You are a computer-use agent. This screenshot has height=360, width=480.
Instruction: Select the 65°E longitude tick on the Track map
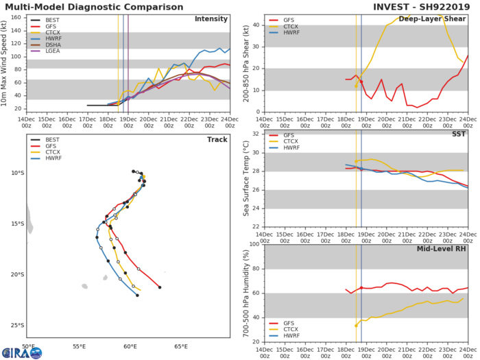click(x=182, y=347)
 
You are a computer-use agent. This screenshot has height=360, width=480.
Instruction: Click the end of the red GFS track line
click(x=160, y=287)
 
